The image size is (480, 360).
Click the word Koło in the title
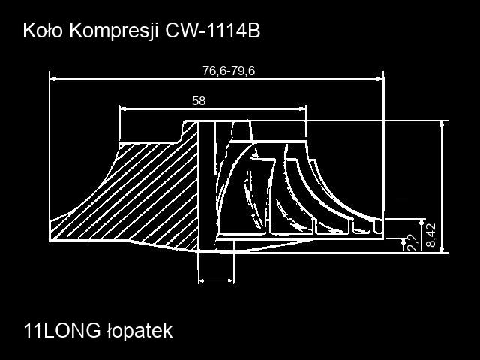coord(43,31)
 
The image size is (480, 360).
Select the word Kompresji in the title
coord(114,31)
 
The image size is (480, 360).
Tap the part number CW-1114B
coord(213,31)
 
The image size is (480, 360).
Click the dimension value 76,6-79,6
coord(229,71)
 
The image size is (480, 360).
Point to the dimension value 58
coord(199,100)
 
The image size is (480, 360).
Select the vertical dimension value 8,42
coord(431,235)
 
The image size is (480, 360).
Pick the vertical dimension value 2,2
coord(412,242)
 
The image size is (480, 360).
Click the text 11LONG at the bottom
coord(62,331)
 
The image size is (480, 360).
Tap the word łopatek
coord(140,331)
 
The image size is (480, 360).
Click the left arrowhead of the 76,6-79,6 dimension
coord(53,79)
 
